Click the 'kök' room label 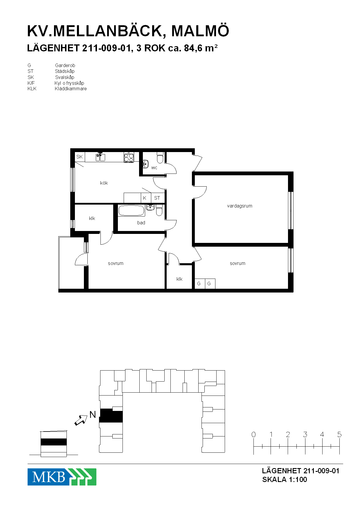pos(104,183)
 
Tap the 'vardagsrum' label pos(240,206)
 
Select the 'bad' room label pos(141,223)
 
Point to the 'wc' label pos(154,168)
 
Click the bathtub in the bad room pos(132,211)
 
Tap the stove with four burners pos(129,157)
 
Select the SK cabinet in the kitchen pos(80,157)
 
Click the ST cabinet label pos(157,198)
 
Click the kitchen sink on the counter pos(100,157)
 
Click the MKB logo pos(62,477)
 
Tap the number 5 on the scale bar pos(339,434)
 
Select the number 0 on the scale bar pos(253,434)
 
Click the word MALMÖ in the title pos(200,31)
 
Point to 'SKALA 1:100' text pos(285,479)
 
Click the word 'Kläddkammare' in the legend pos(71,89)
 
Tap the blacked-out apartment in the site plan pos(111,416)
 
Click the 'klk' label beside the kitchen pos(92,218)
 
